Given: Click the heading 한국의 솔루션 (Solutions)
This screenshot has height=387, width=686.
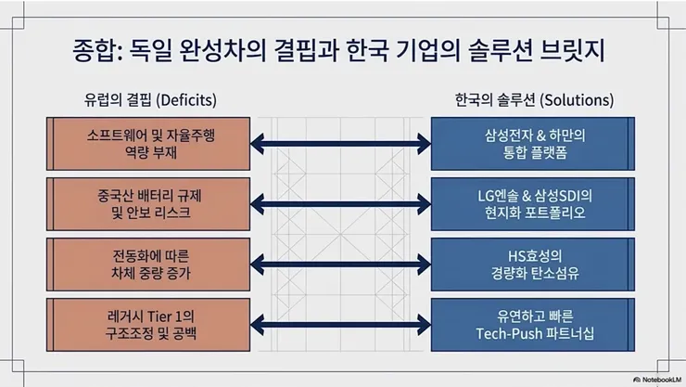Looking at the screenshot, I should (535, 98).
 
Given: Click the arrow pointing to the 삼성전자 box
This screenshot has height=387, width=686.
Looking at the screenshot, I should (342, 143).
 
